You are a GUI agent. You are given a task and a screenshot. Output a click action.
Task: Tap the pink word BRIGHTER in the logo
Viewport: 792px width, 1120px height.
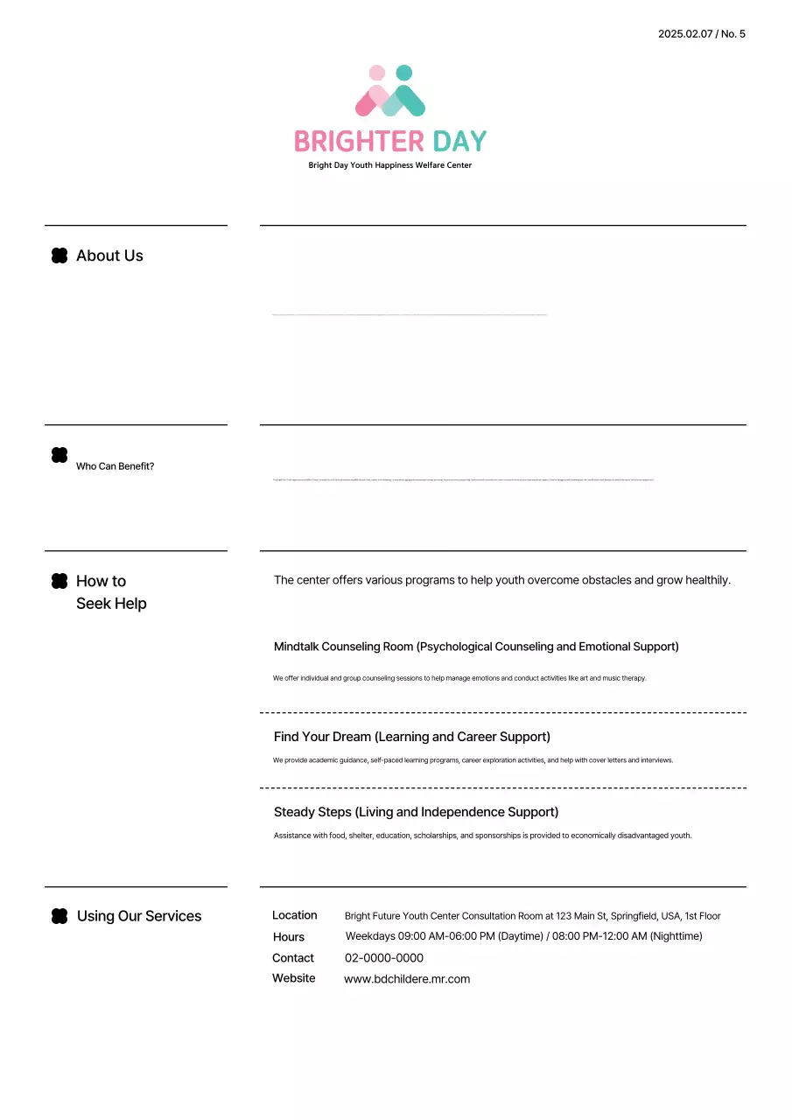coord(359,141)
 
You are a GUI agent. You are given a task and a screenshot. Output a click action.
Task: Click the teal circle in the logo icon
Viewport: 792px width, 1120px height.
coord(403,73)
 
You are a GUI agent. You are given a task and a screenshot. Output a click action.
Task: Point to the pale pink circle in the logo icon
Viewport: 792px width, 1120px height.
coord(377,73)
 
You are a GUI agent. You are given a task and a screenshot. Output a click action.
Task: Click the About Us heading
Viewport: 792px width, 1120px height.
coord(109,255)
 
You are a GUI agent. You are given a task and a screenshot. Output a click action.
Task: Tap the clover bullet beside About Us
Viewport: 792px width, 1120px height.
coord(60,255)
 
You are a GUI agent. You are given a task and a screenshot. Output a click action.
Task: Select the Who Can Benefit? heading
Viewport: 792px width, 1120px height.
coord(115,466)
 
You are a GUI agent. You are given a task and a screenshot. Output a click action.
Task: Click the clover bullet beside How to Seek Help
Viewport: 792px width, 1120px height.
coord(60,581)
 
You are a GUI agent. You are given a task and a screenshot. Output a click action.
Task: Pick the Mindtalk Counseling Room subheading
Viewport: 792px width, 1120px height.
coord(476,647)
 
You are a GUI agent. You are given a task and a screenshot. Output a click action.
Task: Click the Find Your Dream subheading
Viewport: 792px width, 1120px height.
coord(411,737)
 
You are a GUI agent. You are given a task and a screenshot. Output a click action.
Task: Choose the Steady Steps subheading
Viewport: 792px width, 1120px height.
coord(416,812)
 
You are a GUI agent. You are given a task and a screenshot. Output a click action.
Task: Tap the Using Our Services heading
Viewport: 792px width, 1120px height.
coord(139,916)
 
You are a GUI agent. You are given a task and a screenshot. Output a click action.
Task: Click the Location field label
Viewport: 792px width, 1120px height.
coord(294,915)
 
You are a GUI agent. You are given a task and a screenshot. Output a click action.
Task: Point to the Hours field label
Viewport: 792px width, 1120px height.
coord(289,937)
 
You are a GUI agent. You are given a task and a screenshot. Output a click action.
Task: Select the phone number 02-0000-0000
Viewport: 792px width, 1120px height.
coord(383,958)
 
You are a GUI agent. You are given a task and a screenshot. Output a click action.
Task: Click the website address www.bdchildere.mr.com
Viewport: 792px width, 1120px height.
coord(407,979)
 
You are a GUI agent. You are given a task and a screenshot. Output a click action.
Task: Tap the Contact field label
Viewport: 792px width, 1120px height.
coord(292,958)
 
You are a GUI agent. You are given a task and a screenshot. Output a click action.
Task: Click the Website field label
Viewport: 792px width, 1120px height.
coord(293,978)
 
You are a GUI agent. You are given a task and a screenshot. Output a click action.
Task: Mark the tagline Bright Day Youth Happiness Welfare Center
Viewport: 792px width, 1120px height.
coord(389,165)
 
